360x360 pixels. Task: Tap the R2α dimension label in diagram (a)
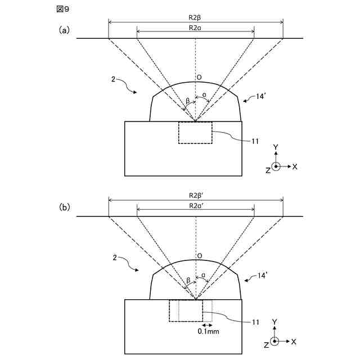(196, 26)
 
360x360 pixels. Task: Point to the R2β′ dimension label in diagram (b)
(196, 195)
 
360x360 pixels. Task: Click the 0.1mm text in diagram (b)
(208, 332)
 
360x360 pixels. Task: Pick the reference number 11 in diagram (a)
(255, 141)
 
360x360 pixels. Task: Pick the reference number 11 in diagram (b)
(255, 322)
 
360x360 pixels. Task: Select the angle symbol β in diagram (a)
(187, 101)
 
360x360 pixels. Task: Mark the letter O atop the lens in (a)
(199, 78)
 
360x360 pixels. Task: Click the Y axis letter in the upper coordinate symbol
(276, 147)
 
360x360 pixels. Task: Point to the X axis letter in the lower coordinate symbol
(295, 341)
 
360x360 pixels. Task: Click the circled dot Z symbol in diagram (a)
(276, 166)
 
